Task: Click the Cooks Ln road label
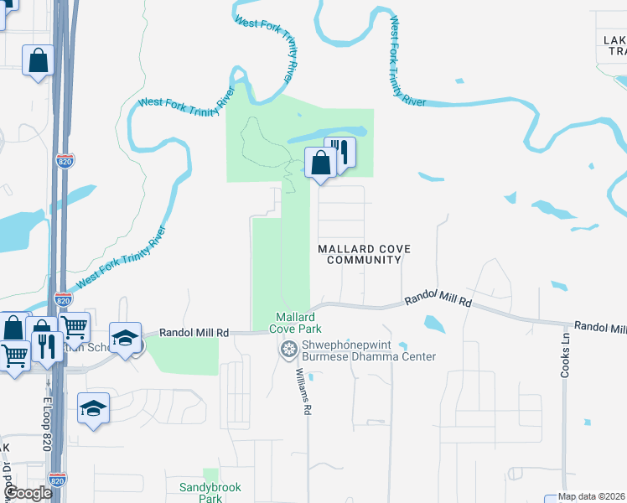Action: pyautogui.click(x=566, y=356)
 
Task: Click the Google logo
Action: pyautogui.click(x=28, y=493)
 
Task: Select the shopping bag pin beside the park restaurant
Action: pyautogui.click(x=320, y=162)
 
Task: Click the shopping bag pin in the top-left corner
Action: pyautogui.click(x=39, y=61)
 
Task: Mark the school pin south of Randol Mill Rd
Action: pyautogui.click(x=93, y=407)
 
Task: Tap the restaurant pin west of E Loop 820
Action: pyautogui.click(x=44, y=345)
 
